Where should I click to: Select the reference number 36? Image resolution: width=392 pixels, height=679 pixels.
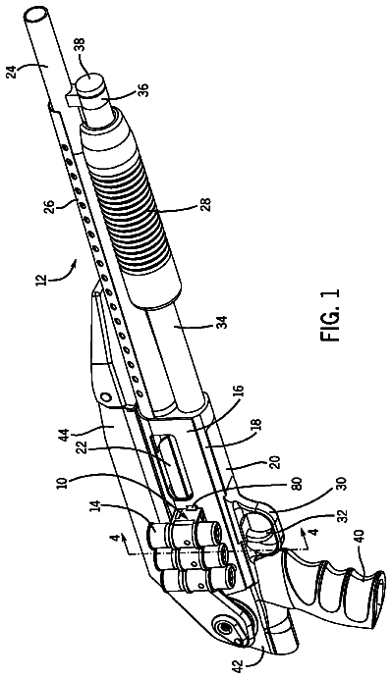coord(144,92)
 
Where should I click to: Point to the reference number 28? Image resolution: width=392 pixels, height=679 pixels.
coord(205,204)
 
